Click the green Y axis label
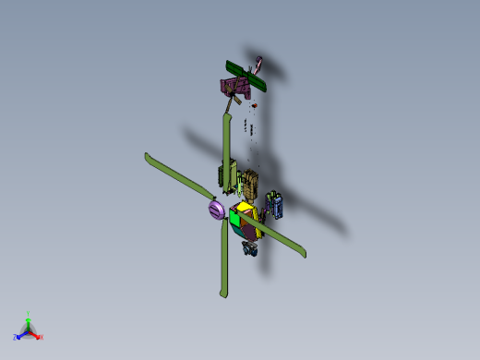(29, 314)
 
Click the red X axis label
(41, 337)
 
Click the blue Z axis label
(16, 337)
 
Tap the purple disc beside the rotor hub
(215, 211)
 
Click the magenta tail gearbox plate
(234, 89)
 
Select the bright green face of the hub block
(235, 220)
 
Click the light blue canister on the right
(275, 203)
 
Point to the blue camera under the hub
(248, 247)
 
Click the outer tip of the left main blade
(148, 157)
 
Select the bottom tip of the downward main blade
(222, 294)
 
